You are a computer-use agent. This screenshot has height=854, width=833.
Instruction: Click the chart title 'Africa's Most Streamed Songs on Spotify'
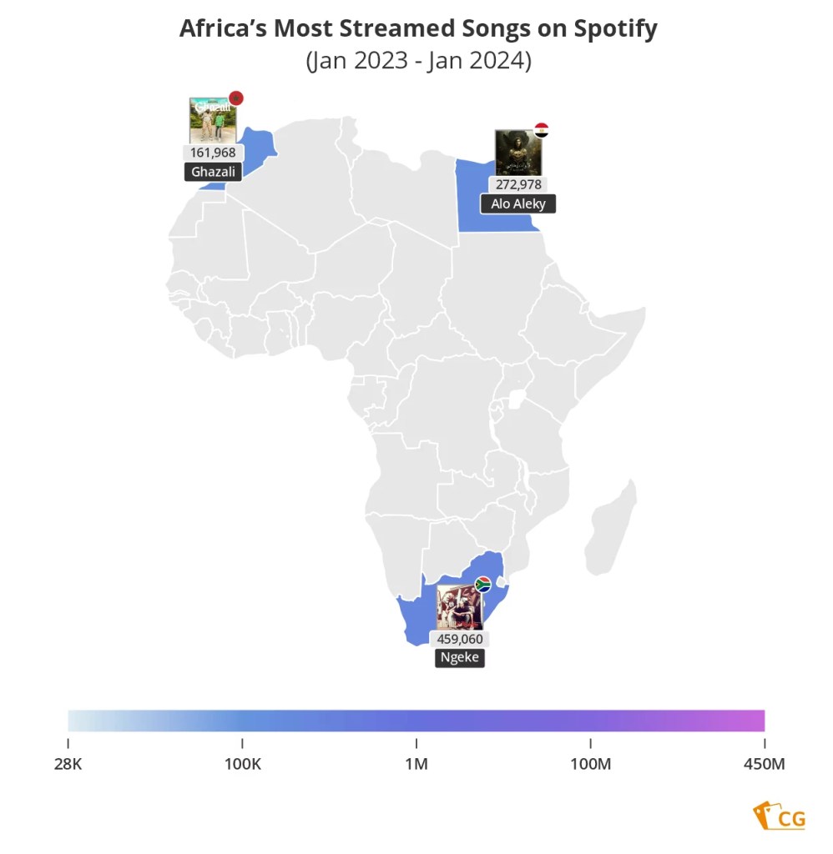418,29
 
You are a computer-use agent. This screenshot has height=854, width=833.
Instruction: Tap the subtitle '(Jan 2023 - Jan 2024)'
418,62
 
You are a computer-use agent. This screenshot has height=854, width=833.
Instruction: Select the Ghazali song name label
213,172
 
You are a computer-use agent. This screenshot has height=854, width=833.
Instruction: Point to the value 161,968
213,153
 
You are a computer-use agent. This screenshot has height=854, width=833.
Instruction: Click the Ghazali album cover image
212,121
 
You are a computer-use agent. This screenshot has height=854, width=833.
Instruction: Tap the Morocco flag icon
235,98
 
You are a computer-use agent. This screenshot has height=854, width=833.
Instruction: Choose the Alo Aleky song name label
517,203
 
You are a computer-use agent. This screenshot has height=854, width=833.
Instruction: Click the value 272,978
518,184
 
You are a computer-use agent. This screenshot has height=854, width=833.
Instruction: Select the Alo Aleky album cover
517,153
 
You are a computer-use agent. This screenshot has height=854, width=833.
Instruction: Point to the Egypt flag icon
541,130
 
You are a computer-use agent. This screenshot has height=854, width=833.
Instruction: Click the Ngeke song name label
459,657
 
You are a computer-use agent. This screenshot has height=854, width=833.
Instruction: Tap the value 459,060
459,639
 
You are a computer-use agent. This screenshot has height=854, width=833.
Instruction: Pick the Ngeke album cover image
460,606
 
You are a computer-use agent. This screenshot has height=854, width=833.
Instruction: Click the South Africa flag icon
482,584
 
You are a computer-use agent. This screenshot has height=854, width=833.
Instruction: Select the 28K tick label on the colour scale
68,764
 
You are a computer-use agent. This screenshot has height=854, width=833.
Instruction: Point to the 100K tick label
242,764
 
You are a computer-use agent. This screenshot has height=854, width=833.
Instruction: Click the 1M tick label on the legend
416,764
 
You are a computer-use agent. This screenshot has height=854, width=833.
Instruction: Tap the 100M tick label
591,764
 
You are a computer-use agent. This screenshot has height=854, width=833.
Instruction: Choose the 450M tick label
764,764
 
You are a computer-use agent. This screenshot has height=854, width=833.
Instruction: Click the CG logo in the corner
780,816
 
